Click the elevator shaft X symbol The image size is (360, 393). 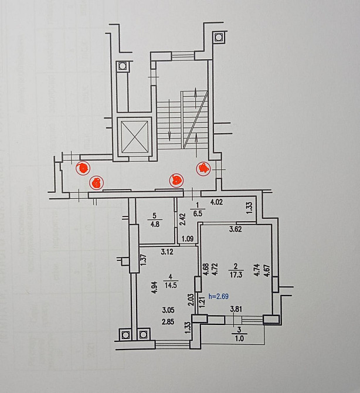[134, 137]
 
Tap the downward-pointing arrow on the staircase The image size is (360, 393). [169, 120]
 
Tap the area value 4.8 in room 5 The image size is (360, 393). [154, 223]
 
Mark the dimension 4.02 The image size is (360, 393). [218, 203]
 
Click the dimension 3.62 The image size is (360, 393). [236, 229]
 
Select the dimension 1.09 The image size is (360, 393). [188, 239]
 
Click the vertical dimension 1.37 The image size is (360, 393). [142, 260]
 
